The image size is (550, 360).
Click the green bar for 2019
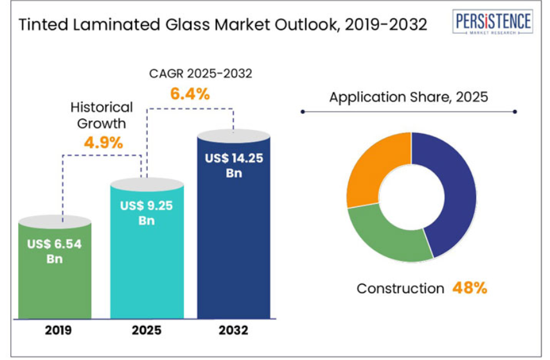pyautogui.click(x=55, y=283)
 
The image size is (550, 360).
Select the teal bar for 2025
pyautogui.click(x=147, y=270)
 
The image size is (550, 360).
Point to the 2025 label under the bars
pyautogui.click(x=147, y=331)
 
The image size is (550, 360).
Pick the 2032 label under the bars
pyautogui.click(x=233, y=331)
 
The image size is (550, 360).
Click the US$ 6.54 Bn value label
pyautogui.click(x=54, y=251)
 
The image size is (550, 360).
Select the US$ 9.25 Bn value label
pyautogui.click(x=147, y=213)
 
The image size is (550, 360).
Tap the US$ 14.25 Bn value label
pyautogui.click(x=233, y=165)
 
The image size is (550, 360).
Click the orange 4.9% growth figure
pyautogui.click(x=103, y=142)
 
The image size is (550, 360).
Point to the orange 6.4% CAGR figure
pyautogui.click(x=190, y=94)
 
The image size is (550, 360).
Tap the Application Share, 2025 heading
pyautogui.click(x=409, y=98)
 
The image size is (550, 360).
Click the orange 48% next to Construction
pyautogui.click(x=470, y=288)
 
